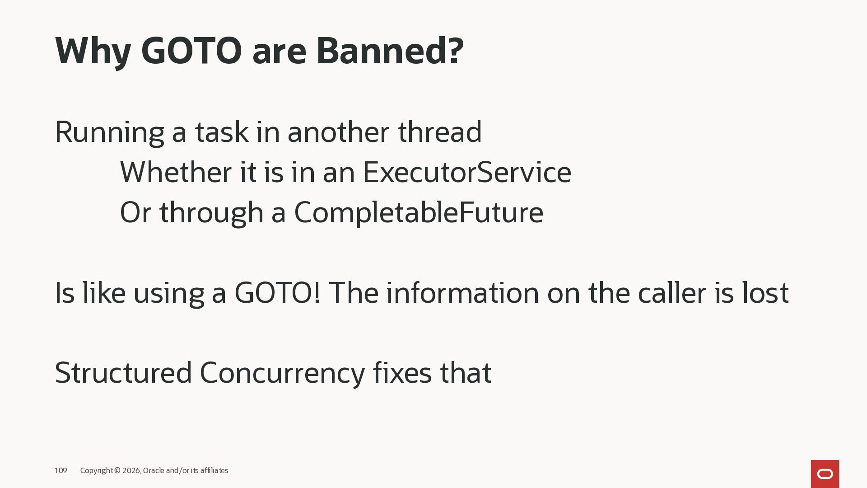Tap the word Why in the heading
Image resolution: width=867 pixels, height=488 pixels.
click(93, 52)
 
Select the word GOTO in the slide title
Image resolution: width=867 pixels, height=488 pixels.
click(191, 51)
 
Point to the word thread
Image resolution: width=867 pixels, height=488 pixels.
click(440, 132)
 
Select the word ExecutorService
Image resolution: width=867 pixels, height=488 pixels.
click(467, 172)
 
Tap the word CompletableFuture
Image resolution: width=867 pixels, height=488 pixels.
click(419, 212)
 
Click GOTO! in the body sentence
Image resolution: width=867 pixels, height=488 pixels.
click(277, 293)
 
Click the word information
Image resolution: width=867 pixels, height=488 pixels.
click(462, 293)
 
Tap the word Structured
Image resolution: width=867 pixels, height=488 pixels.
click(123, 373)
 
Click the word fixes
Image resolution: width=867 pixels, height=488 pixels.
click(402, 373)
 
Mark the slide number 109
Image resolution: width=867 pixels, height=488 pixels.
click(61, 471)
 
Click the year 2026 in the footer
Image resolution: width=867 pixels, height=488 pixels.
click(131, 471)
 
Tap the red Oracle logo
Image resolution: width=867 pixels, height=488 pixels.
click(825, 474)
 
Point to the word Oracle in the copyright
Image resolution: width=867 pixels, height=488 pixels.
click(154, 471)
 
